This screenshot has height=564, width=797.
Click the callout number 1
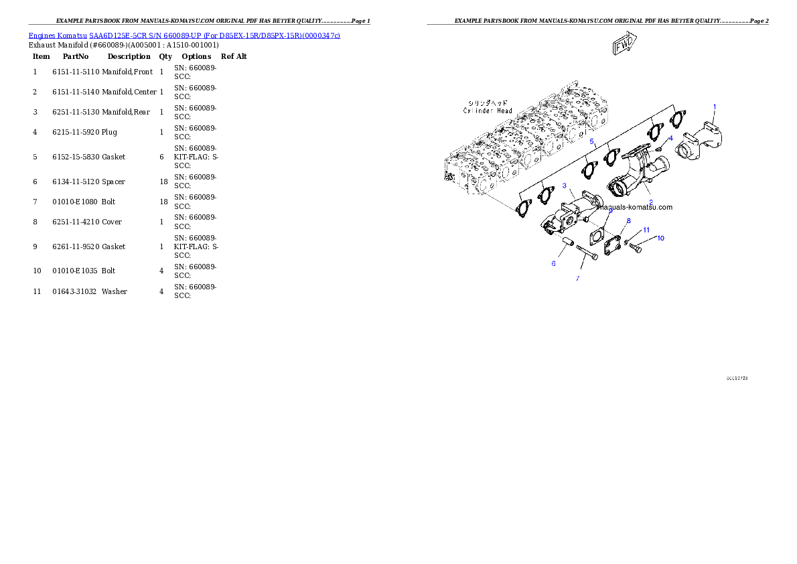click(x=715, y=107)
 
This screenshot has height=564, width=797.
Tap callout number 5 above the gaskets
click(x=592, y=142)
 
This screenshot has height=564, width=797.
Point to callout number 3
click(x=565, y=186)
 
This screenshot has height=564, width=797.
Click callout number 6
click(x=553, y=263)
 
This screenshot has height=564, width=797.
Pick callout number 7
click(x=577, y=277)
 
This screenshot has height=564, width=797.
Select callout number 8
click(x=628, y=220)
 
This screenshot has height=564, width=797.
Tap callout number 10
click(x=660, y=238)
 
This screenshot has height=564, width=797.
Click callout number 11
click(x=646, y=230)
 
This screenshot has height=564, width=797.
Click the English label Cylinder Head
click(x=488, y=111)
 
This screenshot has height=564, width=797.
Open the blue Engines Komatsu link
click(x=184, y=35)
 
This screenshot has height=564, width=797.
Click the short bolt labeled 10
click(x=636, y=249)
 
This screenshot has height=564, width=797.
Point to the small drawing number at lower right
click(x=737, y=378)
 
